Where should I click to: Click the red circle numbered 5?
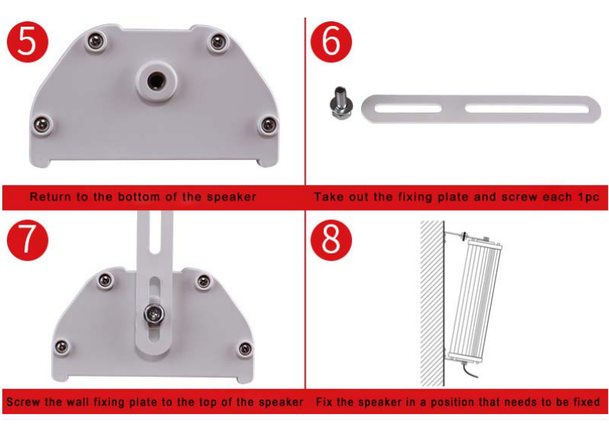coord(28,41)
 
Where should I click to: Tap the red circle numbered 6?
coord(332,41)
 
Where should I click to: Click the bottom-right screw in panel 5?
coord(268,124)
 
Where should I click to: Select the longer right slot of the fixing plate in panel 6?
coord(526,107)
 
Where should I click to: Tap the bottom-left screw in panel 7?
coord(63,347)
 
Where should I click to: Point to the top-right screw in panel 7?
coord(203,282)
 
